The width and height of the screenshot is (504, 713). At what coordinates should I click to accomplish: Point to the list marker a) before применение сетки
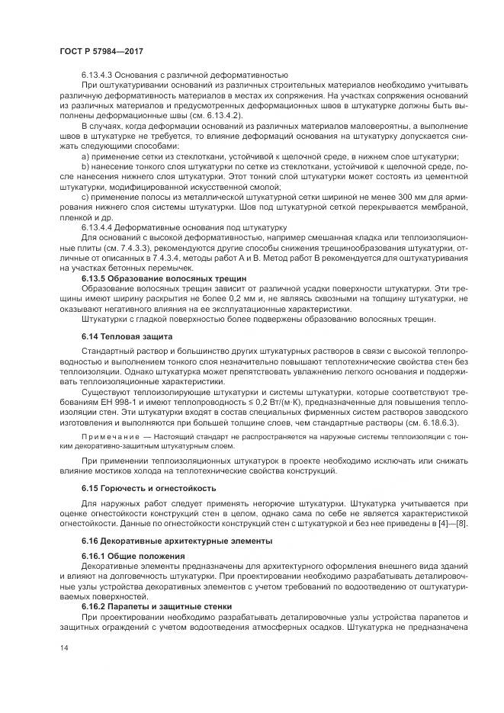coord(85,156)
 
